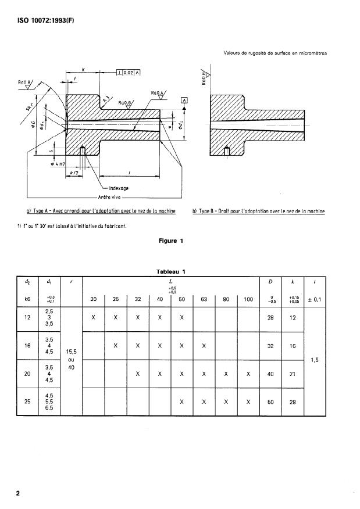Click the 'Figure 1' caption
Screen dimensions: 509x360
(x=171, y=241)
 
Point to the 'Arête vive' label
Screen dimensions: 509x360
(x=107, y=198)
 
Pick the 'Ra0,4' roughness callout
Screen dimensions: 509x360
(x=157, y=93)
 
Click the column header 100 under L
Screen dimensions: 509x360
(x=248, y=300)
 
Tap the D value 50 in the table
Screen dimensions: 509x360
(x=270, y=401)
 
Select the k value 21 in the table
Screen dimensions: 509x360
(x=293, y=374)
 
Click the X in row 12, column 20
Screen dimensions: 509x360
(x=94, y=318)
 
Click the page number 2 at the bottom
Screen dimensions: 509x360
(x=18, y=493)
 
